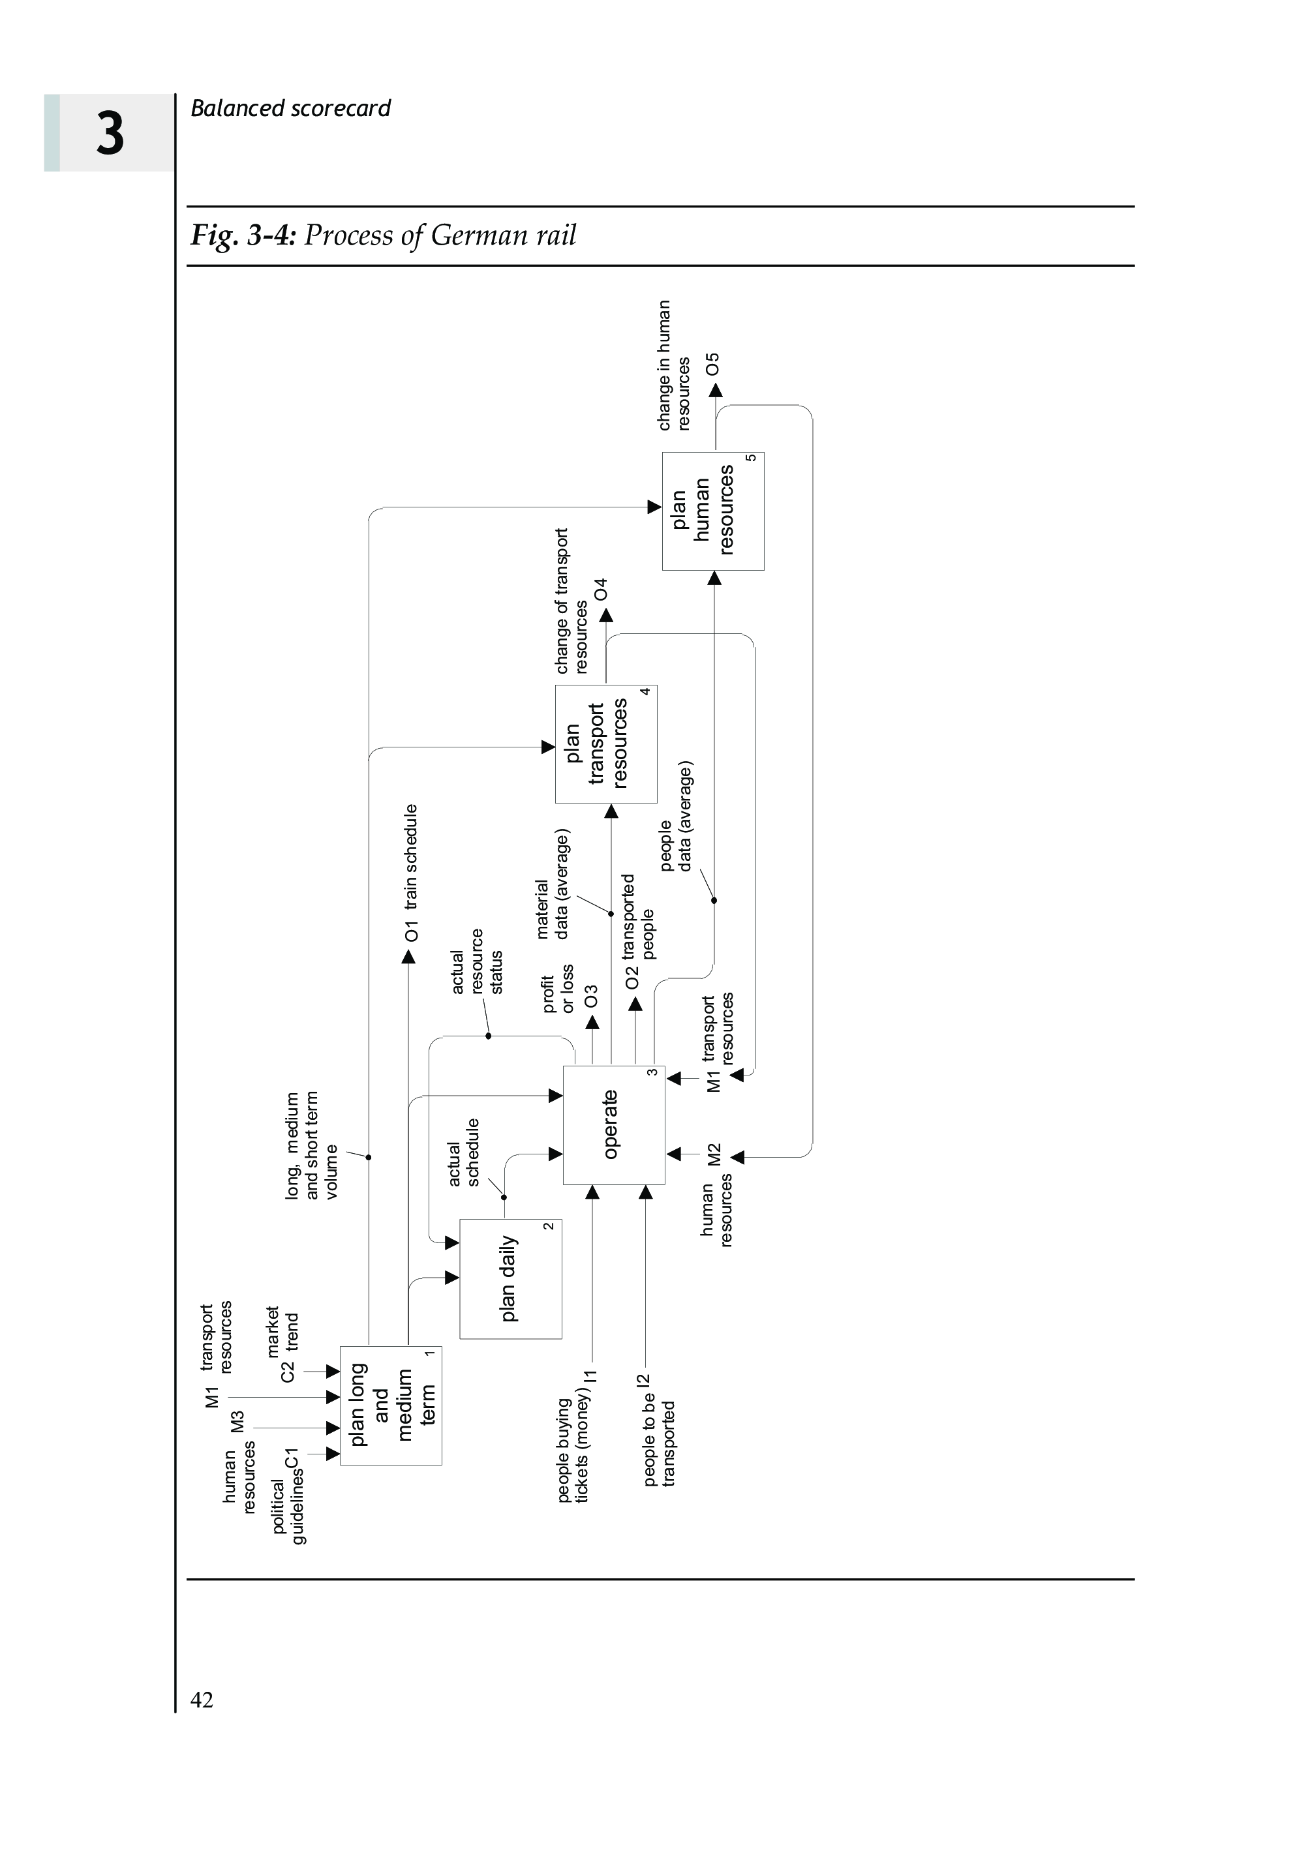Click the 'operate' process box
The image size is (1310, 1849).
[613, 1125]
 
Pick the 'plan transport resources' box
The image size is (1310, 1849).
[606, 744]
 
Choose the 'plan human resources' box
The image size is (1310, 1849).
[713, 511]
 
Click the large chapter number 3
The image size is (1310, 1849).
[110, 134]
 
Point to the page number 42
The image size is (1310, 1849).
[202, 1699]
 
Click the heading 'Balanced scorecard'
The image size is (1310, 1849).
[290, 108]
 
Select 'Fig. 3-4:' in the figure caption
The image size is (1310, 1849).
[243, 235]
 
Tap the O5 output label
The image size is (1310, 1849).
[712, 364]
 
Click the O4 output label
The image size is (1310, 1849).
[601, 590]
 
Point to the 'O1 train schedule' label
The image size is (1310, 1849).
[412, 873]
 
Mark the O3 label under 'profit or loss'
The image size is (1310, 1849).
[591, 996]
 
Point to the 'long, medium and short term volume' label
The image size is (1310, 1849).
[312, 1145]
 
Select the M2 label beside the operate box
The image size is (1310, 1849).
[714, 1154]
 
